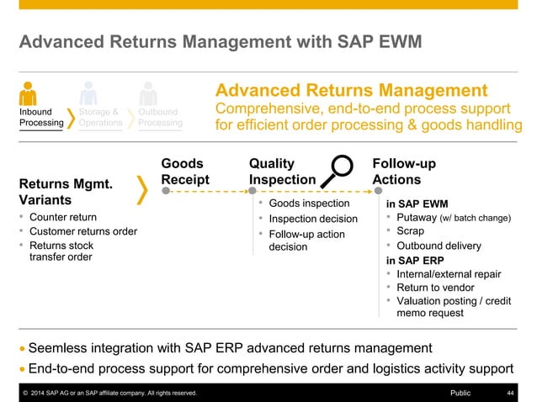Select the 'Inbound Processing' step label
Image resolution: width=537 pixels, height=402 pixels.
pyautogui.click(x=41, y=117)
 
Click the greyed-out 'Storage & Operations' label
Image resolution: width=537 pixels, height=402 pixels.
pyautogui.click(x=100, y=117)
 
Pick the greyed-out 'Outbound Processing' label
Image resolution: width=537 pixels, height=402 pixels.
pyautogui.click(x=160, y=117)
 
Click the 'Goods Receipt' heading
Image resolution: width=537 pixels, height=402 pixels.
pyautogui.click(x=184, y=171)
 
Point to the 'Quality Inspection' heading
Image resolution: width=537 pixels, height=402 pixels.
pyautogui.click(x=282, y=171)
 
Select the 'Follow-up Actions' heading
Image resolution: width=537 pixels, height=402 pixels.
pyautogui.click(x=403, y=171)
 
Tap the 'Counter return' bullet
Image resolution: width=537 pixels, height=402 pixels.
pyautogui.click(x=63, y=217)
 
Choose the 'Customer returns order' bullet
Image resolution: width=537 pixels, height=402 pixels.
pyautogui.click(x=83, y=231)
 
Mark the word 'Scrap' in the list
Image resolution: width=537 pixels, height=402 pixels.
pyautogui.click(x=412, y=231)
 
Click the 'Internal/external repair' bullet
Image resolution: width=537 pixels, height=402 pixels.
pyautogui.click(x=449, y=274)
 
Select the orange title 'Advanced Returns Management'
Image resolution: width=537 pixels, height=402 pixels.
pyautogui.click(x=352, y=91)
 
